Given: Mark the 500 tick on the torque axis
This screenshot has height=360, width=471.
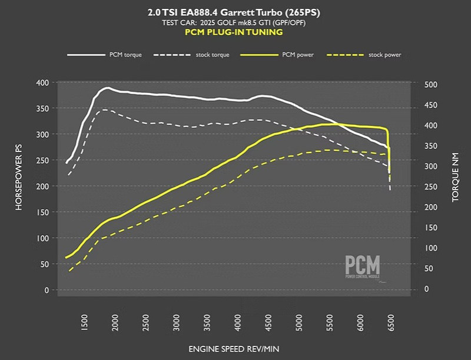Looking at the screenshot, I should pos(432,85).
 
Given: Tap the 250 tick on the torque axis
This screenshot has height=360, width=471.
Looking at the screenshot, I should pos(432,187).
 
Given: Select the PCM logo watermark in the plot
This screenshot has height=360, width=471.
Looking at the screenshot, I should pos(362,267).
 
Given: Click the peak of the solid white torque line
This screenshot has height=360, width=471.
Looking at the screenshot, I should pos(107,88).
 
